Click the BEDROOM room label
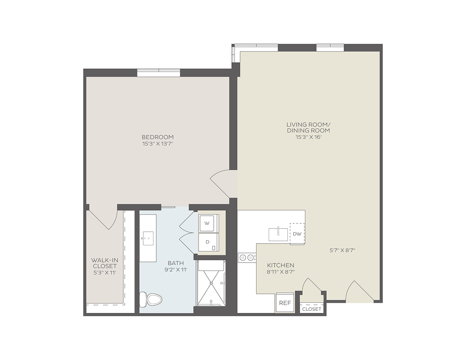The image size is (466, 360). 158,137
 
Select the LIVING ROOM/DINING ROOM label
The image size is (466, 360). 308,127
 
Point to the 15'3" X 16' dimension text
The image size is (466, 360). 308,137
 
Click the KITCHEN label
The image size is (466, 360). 280,265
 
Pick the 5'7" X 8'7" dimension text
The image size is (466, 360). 342,250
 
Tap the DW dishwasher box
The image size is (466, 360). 297,234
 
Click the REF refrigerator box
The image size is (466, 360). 285,303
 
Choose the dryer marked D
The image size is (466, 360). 209,242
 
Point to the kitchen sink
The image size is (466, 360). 278,234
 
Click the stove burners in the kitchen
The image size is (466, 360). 247,257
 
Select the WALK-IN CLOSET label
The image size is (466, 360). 105,263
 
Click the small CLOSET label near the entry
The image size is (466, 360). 312,309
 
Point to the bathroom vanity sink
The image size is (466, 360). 148,238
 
